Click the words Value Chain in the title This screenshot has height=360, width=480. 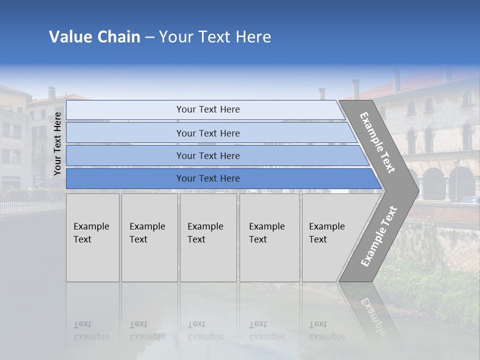click(x=94, y=37)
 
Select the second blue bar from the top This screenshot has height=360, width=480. click(x=208, y=133)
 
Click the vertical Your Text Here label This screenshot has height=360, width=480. click(x=57, y=143)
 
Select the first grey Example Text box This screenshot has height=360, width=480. click(x=92, y=237)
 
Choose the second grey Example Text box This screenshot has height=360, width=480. click(x=149, y=237)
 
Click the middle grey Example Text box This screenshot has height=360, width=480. click(x=208, y=237)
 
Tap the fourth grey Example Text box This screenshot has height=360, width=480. click(x=269, y=237)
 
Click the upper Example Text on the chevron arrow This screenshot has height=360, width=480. click(x=377, y=142)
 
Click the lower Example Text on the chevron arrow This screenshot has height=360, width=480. click(x=378, y=236)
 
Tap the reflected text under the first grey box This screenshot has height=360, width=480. click(x=91, y=330)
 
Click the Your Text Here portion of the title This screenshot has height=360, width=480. click(x=215, y=37)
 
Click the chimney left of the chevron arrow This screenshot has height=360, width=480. click(x=321, y=93)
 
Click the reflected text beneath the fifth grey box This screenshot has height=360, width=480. click(x=326, y=330)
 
